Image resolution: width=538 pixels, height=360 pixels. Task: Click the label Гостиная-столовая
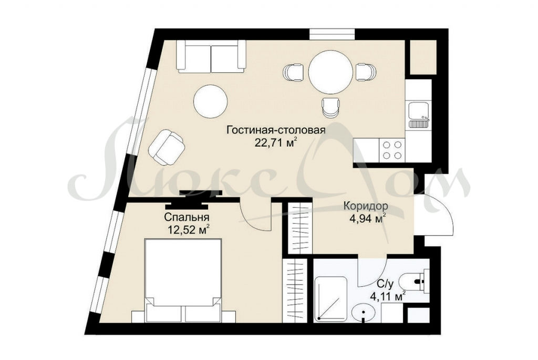point(276,130)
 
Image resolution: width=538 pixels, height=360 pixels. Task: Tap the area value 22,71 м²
point(275,142)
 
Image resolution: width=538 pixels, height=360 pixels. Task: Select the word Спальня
point(187,217)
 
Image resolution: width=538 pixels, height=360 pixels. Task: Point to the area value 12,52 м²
point(189,229)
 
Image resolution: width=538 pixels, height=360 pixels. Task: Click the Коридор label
point(366,206)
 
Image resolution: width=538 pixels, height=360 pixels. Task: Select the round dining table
point(330,71)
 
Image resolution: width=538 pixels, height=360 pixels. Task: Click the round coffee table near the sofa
point(210,101)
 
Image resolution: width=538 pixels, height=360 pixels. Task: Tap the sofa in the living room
point(211,56)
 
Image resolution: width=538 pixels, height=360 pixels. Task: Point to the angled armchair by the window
point(167,147)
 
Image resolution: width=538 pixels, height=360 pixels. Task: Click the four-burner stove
point(392,150)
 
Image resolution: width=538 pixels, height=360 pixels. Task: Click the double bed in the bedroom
point(183,281)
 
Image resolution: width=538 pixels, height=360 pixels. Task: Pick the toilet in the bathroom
point(416,282)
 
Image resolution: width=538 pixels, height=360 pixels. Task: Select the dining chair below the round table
point(331,107)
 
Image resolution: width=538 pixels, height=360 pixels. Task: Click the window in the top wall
point(332,34)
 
